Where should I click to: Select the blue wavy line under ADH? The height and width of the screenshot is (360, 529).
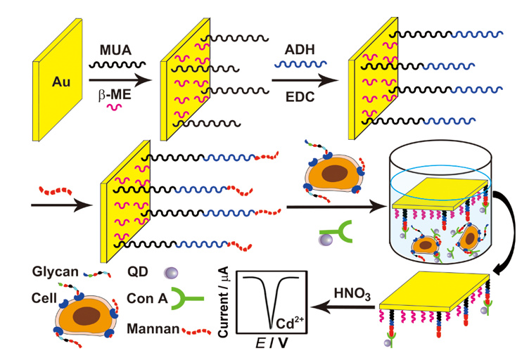pyautogui.click(x=299, y=65)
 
